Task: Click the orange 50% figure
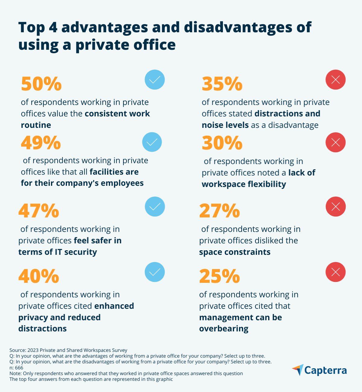pyautogui.click(x=41, y=84)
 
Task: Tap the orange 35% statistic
pyautogui.click(x=222, y=84)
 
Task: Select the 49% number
pyautogui.click(x=41, y=143)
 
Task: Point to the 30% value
pyautogui.click(x=222, y=143)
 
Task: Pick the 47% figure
pyautogui.click(x=39, y=211)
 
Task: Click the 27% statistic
pyautogui.click(x=219, y=211)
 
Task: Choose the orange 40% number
pyautogui.click(x=39, y=276)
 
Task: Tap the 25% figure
pyautogui.click(x=219, y=276)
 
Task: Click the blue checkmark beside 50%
pyautogui.click(x=155, y=80)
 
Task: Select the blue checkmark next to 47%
pyautogui.click(x=155, y=207)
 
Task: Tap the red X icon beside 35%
pyautogui.click(x=335, y=80)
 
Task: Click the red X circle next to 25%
pyautogui.click(x=335, y=272)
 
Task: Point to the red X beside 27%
pyautogui.click(x=335, y=207)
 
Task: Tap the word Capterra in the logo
pyautogui.click(x=325, y=370)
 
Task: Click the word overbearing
pyautogui.click(x=224, y=328)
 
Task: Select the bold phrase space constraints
pyautogui.click(x=235, y=252)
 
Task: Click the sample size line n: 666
pyautogui.click(x=16, y=368)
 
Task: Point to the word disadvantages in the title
pyautogui.click(x=238, y=27)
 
